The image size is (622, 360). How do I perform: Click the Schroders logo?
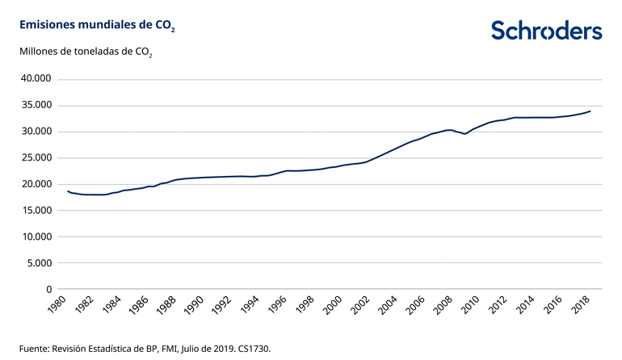pos(546,31)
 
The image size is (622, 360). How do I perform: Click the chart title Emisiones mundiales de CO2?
pos(93,26)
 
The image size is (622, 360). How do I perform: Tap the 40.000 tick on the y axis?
pos(36,79)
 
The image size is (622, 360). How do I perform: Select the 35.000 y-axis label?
pos(36,106)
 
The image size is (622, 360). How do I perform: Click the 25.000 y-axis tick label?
pos(36,158)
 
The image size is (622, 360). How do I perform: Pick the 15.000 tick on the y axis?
pos(36,211)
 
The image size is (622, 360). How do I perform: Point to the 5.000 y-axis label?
pos(39,263)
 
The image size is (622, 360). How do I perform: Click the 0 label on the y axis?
pos(49,289)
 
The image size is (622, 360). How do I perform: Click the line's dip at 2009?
pos(464,134)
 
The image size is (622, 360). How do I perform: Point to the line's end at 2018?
pos(590,111)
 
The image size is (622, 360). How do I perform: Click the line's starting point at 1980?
pos(67,191)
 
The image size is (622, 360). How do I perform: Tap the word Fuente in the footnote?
pos(34,349)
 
